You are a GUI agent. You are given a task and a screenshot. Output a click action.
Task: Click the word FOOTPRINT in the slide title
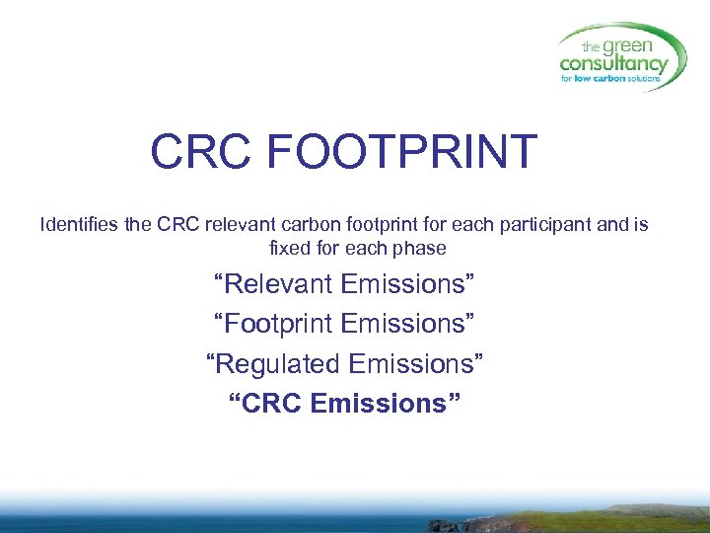[402, 152]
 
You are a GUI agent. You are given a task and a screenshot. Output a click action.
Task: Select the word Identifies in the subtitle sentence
[80, 224]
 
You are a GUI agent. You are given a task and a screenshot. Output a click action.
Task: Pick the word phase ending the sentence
[421, 247]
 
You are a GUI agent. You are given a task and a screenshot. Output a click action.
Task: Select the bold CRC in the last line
[270, 404]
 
